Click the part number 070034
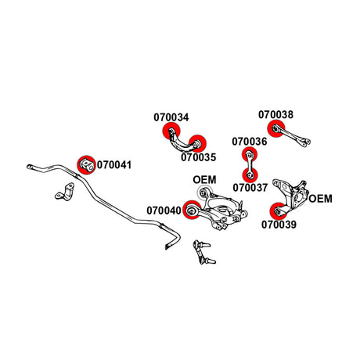point(171,117)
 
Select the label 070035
point(199,157)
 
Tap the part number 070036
point(250,142)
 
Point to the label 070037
point(250,188)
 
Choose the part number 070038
point(276,114)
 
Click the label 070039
point(279,225)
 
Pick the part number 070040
point(164,211)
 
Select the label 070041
point(114,165)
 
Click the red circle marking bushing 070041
point(87,165)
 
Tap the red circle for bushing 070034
point(171,131)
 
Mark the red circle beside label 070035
point(198,143)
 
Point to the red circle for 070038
point(276,128)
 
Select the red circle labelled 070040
point(192,210)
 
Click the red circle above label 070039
point(278,211)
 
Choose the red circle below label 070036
point(250,154)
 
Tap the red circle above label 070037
point(250,175)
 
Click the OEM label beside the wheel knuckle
point(321,199)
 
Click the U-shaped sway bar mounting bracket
point(65,192)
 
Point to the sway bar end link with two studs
point(203,252)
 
